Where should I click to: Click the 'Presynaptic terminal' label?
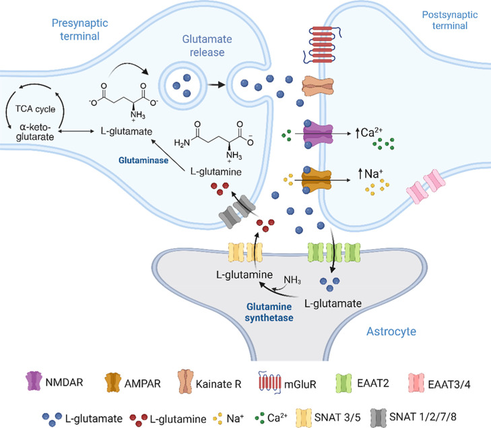click(x=80, y=30)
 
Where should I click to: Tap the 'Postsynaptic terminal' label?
click(x=450, y=20)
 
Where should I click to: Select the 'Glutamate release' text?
click(x=207, y=45)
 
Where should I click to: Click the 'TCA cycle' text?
click(x=36, y=109)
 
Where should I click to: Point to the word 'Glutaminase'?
click(x=143, y=160)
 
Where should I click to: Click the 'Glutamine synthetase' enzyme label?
click(x=269, y=312)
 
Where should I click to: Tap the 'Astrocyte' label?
click(x=391, y=331)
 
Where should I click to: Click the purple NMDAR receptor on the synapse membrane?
click(x=318, y=133)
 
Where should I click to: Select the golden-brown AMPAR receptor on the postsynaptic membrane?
click(x=317, y=181)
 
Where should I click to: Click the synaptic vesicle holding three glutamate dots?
click(x=183, y=85)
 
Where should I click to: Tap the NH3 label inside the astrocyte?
click(x=292, y=280)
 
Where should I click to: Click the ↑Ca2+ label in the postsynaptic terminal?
click(x=368, y=133)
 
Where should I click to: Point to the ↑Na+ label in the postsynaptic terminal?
click(x=370, y=173)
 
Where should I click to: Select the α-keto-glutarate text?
click(x=35, y=132)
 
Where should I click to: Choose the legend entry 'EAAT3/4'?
click(x=439, y=384)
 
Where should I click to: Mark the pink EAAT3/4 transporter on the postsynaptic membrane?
click(x=426, y=187)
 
